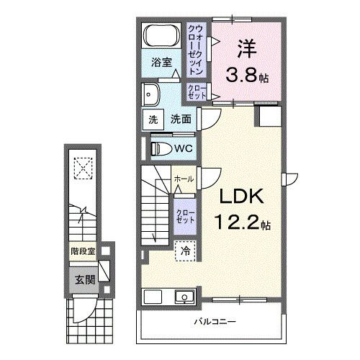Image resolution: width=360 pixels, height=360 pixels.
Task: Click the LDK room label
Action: click(x=229, y=197)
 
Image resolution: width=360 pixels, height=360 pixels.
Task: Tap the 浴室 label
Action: click(x=161, y=63)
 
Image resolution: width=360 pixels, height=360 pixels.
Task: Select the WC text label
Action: click(x=183, y=149)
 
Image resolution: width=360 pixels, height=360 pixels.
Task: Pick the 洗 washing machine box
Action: click(x=153, y=120)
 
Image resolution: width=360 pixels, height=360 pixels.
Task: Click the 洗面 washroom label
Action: click(x=181, y=120)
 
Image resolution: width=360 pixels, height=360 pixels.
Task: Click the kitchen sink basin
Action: click(x=183, y=297)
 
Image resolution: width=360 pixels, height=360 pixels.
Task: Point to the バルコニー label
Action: click(x=214, y=321)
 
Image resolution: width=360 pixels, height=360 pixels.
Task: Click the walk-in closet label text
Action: click(x=194, y=46)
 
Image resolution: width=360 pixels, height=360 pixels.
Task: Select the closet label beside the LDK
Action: click(x=183, y=215)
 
